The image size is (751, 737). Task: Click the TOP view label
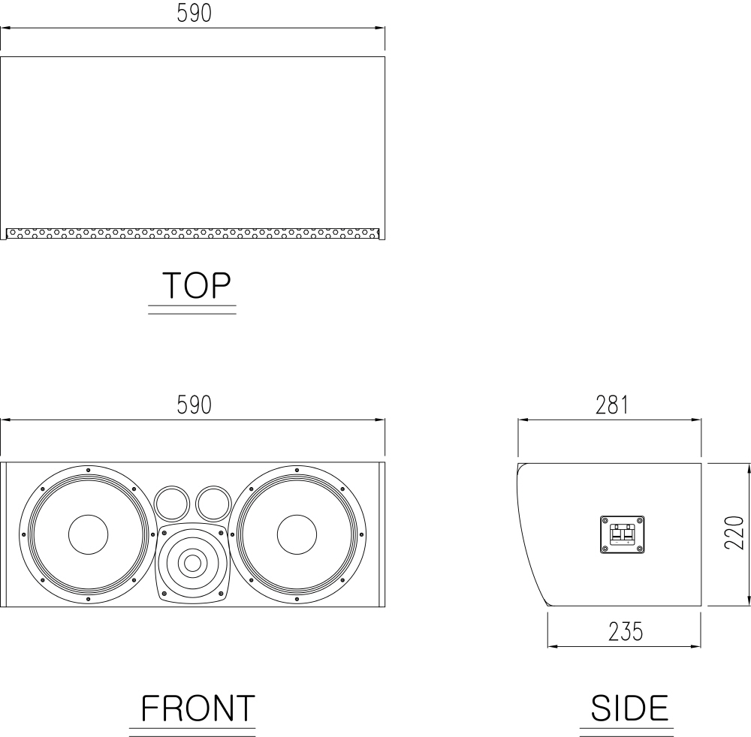196,285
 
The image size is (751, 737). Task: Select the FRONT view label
198,708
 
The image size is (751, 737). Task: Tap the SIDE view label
629,708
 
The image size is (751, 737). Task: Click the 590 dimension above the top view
194,14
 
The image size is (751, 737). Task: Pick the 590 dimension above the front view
194,405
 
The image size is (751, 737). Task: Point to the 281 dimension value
611,405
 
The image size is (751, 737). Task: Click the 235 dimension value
626,632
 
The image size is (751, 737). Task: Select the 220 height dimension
734,532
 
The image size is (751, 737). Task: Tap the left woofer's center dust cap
88,534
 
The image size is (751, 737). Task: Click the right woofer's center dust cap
297,534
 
